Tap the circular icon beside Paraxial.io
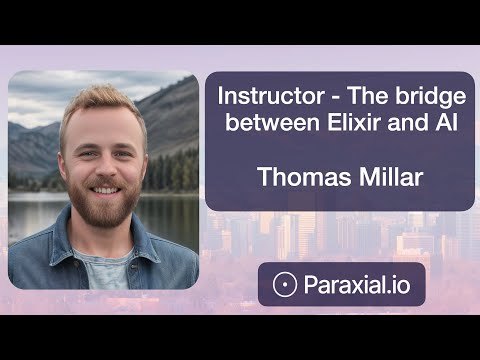tap(284, 285)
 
